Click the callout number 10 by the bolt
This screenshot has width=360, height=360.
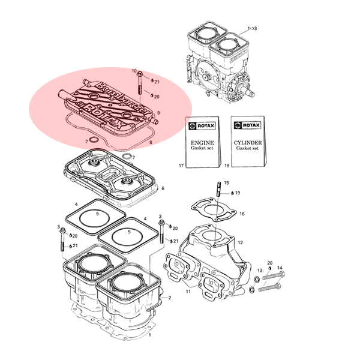tap(134, 71)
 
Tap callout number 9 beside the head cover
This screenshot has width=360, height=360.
tap(158, 113)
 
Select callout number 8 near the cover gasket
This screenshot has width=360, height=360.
tap(151, 142)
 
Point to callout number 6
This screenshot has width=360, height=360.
tap(163, 188)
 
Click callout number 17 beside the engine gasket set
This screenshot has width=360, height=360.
tap(181, 166)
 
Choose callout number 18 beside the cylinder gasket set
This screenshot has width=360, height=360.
tap(227, 166)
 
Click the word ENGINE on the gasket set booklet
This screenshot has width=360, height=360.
tap(202, 143)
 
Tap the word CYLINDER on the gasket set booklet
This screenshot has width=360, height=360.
tap(248, 143)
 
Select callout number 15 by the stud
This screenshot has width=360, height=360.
tap(226, 183)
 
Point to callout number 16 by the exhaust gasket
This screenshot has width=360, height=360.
tap(242, 214)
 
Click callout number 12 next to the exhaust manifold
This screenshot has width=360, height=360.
tap(240, 242)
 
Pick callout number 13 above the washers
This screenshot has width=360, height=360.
tap(260, 270)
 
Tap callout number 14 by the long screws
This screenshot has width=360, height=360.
tap(280, 268)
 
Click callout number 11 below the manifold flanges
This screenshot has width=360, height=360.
tap(188, 292)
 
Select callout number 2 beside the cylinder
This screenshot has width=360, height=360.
tap(170, 298)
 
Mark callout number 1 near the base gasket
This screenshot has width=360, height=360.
tap(150, 335)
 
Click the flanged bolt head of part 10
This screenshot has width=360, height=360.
tap(139, 74)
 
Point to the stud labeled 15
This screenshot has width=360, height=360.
tap(218, 189)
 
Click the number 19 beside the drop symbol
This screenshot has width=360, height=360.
tap(238, 193)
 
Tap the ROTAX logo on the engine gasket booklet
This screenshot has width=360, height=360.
tap(202, 126)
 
